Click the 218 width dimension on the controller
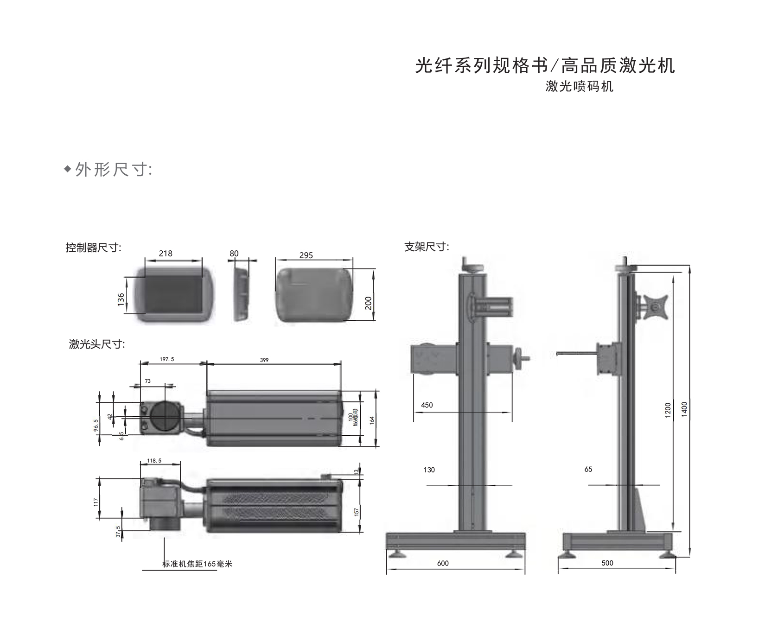click(166, 254)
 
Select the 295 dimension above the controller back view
click(306, 255)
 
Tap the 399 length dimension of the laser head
click(264, 360)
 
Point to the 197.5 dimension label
click(167, 359)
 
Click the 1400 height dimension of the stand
click(685, 409)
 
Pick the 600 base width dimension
click(443, 563)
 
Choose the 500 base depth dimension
click(607, 563)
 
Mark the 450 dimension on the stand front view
click(427, 405)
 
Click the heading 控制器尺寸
click(93, 248)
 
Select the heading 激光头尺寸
click(96, 344)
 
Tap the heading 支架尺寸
click(427, 247)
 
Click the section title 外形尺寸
click(113, 170)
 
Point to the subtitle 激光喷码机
click(579, 87)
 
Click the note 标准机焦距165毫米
click(197, 564)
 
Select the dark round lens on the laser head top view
click(165, 415)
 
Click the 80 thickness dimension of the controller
click(234, 254)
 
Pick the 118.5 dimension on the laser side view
click(154, 461)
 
